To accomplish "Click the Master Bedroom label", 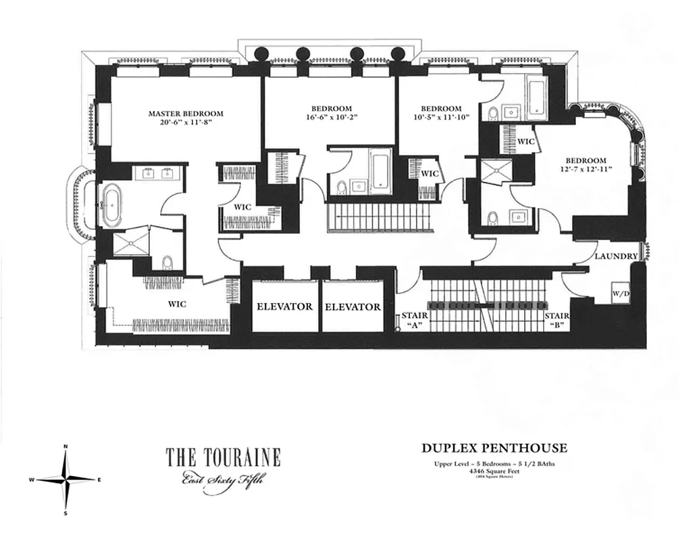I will click(x=186, y=114).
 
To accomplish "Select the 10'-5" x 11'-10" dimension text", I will click(x=440, y=118).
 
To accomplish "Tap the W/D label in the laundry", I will click(x=621, y=294).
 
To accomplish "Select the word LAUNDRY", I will click(x=616, y=256).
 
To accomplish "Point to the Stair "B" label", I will click(x=556, y=320).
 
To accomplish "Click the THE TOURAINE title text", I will click(x=223, y=458).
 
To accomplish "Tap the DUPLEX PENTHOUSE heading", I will click(x=494, y=448).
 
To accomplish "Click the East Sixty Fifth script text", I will click(x=222, y=481).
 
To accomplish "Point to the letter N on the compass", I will click(x=66, y=446).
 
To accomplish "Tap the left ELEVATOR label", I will click(x=284, y=306).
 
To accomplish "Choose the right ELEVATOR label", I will click(x=353, y=306).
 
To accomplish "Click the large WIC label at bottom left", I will click(x=177, y=304).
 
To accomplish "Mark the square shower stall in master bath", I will click(x=128, y=245).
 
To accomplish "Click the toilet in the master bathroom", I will click(x=166, y=262).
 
